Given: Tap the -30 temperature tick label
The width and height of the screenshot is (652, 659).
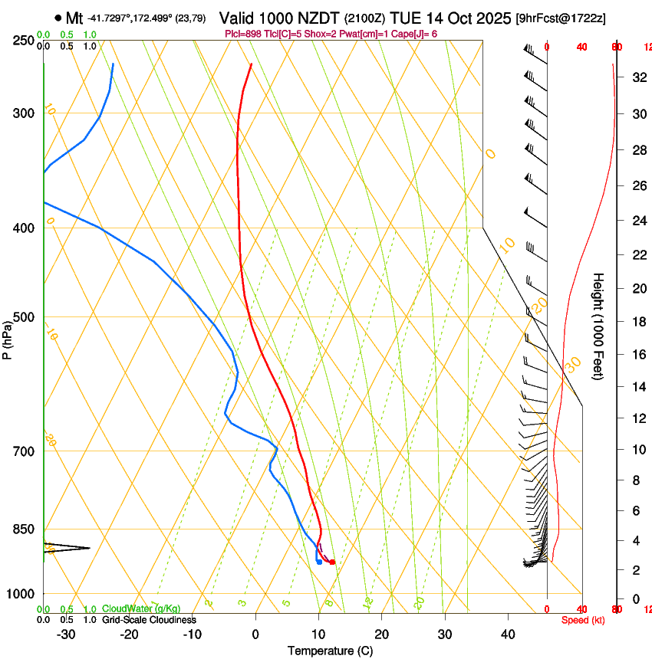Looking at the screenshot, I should [x=66, y=634].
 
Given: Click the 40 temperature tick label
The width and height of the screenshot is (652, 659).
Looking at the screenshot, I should [x=508, y=634].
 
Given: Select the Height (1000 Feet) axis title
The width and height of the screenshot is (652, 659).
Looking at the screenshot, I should [x=599, y=326].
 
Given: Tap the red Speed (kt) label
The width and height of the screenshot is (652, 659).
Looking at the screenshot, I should [x=583, y=619].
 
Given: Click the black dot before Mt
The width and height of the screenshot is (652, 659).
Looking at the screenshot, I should [x=58, y=18].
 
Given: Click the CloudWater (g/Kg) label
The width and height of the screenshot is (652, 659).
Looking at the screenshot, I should [x=140, y=608].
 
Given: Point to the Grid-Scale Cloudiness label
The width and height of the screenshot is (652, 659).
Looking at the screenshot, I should [x=149, y=619].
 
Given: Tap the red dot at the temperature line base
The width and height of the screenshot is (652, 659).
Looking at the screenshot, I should [x=332, y=562].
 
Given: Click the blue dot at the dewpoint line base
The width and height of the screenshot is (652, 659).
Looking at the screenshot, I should [x=319, y=562].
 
